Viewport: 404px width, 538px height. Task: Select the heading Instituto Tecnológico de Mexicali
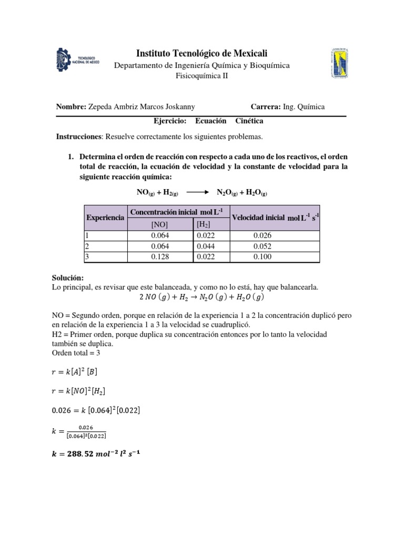pos(202,53)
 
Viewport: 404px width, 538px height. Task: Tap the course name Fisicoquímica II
pos(202,76)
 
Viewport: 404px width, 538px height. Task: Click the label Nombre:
pos(71,107)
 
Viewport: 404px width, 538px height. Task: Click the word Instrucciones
pos(78,137)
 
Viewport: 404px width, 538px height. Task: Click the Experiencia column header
pos(105,217)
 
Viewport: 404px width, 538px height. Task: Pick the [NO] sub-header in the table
pos(159,224)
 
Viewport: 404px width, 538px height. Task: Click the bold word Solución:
pos(68,278)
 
